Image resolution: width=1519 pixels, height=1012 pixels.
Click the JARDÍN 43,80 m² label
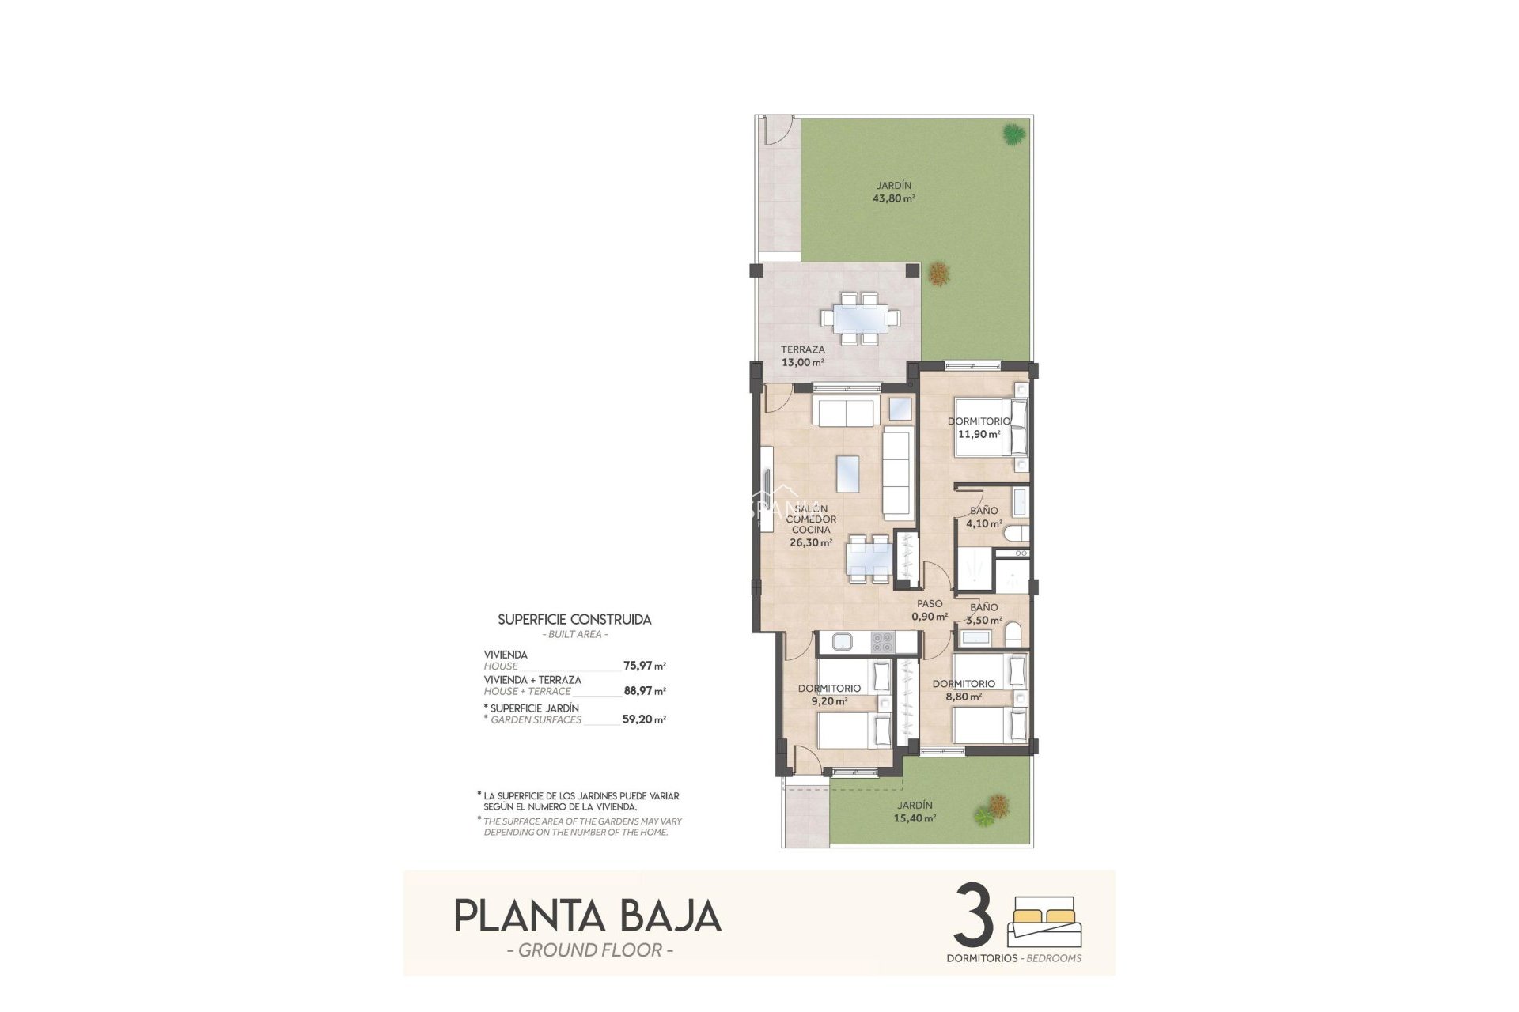pyautogui.click(x=894, y=192)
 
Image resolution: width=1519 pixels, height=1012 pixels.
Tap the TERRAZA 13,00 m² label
pyautogui.click(x=802, y=356)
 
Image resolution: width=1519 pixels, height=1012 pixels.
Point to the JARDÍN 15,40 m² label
pyautogui.click(x=915, y=812)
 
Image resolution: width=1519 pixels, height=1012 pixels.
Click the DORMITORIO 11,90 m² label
pyautogui.click(x=979, y=428)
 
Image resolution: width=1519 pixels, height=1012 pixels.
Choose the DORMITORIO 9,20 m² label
pyautogui.click(x=828, y=694)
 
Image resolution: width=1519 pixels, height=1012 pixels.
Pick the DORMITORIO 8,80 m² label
pyautogui.click(x=963, y=690)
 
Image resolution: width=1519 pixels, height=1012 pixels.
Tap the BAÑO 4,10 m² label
pyautogui.click(x=984, y=517)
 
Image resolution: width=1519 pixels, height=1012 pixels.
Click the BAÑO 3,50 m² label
pyautogui.click(x=984, y=614)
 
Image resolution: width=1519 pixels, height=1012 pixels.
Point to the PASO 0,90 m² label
pyautogui.click(x=930, y=610)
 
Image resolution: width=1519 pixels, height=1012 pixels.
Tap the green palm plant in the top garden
pyautogui.click(x=1012, y=134)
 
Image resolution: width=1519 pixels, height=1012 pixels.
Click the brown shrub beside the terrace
pyautogui.click(x=939, y=274)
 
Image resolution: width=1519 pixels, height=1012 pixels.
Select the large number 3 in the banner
pyautogui.click(x=974, y=916)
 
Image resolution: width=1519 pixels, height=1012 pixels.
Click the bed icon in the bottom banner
pyautogui.click(x=1044, y=921)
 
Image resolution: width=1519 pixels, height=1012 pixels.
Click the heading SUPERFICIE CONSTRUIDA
pyautogui.click(x=574, y=620)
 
